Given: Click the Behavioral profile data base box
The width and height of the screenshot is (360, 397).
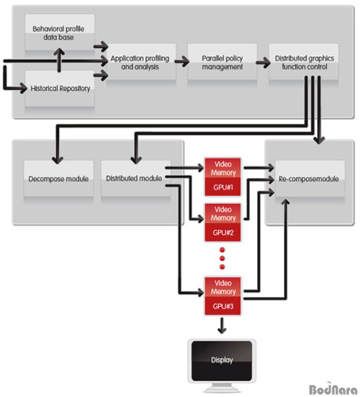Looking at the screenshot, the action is click(60, 32).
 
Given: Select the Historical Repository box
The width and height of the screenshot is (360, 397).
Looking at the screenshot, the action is click(60, 89).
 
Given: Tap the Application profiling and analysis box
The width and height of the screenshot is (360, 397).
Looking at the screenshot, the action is click(141, 62).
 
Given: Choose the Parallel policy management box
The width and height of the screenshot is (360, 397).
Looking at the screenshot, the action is click(222, 62).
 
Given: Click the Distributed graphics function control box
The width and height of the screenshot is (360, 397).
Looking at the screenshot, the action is click(304, 62).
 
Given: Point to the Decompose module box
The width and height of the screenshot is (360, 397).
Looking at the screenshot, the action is click(58, 179).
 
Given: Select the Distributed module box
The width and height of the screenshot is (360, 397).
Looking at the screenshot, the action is click(136, 179).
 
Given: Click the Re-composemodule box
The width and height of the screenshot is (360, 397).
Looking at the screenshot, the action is click(310, 179).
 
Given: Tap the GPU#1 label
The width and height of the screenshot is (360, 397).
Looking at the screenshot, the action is click(223, 187).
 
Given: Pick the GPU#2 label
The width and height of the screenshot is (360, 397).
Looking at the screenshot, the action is click(223, 233).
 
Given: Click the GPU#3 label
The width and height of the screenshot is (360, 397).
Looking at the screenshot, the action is click(223, 306).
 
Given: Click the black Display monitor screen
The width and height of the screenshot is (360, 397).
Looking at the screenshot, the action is click(222, 360).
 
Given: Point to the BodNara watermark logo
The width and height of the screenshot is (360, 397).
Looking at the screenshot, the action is click(333, 388).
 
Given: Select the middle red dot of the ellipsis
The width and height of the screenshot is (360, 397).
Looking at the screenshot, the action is click(222, 258).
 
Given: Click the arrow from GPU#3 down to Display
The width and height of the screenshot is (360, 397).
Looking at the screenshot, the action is click(222, 326).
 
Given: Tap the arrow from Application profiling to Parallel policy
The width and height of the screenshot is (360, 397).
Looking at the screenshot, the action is click(182, 61).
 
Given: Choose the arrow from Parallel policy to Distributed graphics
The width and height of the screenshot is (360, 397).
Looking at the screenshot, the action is click(263, 62).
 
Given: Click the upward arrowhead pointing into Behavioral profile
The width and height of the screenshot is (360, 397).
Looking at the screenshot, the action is click(59, 52).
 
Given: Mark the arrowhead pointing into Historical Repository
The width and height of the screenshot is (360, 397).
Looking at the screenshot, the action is click(23, 89).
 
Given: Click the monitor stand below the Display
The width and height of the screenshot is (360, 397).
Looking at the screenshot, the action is click(222, 388).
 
